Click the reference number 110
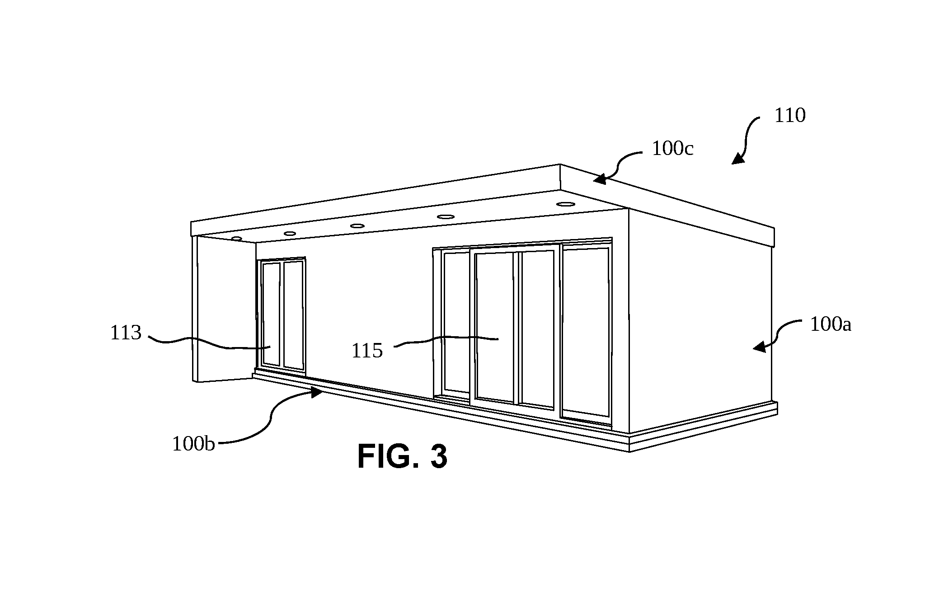(790, 116)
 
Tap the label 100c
(672, 148)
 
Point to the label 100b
(193, 444)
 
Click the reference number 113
(126, 333)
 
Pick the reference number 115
(367, 351)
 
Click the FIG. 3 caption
(402, 456)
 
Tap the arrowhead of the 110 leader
(737, 159)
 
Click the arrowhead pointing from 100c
(600, 179)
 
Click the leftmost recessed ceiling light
(236, 238)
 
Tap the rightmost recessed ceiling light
(565, 204)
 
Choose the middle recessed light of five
(357, 225)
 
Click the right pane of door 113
(294, 315)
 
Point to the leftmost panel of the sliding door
(455, 322)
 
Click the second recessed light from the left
(290, 234)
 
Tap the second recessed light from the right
(446, 216)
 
